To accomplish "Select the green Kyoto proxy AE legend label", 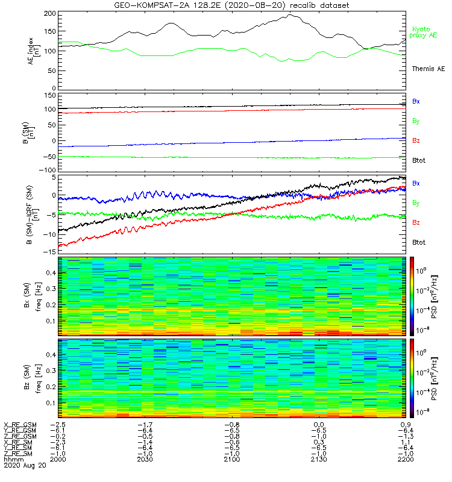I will (x=424, y=33).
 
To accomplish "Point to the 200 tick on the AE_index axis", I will (x=51, y=13).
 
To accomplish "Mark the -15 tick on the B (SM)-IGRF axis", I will (x=51, y=251).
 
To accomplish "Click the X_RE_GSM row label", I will (x=20, y=425).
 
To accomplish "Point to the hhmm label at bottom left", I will (x=12, y=459).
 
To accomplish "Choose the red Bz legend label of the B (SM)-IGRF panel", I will (x=416, y=223).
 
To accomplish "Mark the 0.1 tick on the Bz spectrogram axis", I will (x=51, y=402).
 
